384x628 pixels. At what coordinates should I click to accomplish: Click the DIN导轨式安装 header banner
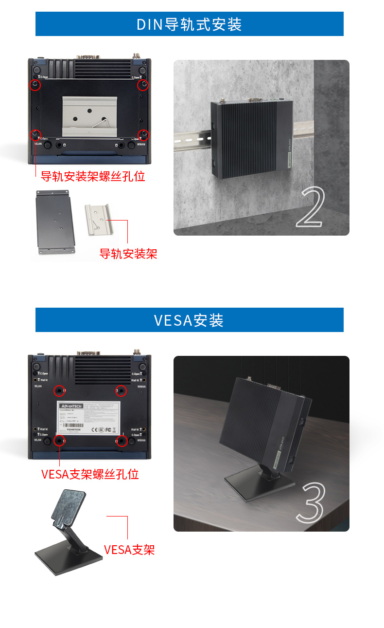(189, 24)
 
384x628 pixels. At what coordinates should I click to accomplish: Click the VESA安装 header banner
(189, 320)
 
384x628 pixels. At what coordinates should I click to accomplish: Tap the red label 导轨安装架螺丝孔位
(92, 176)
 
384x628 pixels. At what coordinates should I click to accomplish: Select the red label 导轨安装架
(128, 254)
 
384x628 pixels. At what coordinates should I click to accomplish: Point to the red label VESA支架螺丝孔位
(90, 474)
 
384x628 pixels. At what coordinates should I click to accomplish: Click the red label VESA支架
(129, 550)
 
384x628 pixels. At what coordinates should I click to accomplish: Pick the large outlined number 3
(310, 502)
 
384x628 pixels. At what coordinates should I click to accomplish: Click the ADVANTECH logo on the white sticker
(71, 406)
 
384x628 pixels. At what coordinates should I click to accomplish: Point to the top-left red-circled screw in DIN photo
(35, 85)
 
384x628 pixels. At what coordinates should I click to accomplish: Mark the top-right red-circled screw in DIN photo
(143, 85)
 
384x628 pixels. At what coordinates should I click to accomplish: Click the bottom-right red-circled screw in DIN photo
(143, 134)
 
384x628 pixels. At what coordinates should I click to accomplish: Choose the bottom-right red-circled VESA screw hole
(122, 441)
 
